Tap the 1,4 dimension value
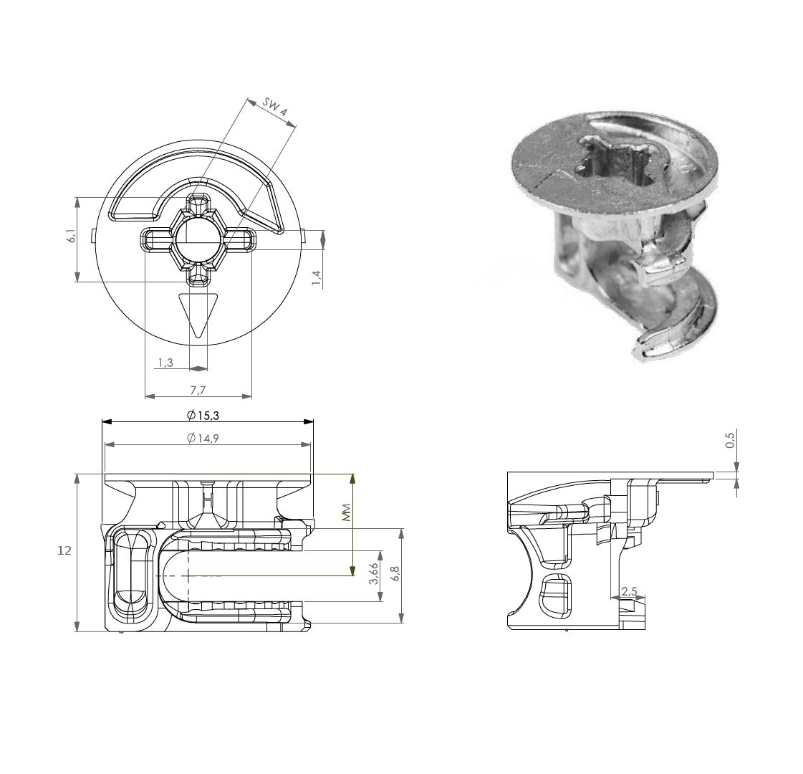[316, 273]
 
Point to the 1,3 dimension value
[164, 363]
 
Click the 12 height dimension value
[65, 550]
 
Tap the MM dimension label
[346, 511]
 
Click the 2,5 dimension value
[629, 591]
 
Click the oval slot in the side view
[556, 594]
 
